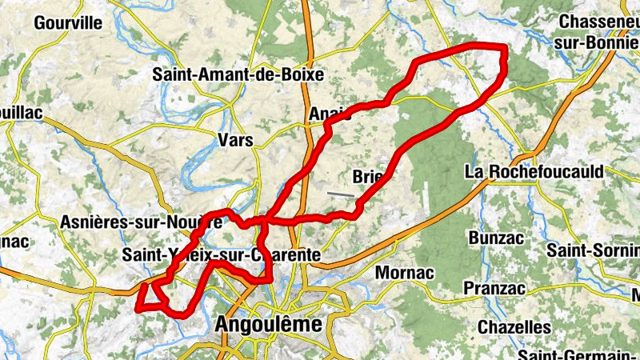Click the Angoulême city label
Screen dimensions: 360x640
tap(268, 325)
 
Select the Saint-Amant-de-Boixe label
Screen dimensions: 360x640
tap(238, 74)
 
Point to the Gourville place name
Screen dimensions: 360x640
tap(68, 22)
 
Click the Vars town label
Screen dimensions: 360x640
tap(235, 140)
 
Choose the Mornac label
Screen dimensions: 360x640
tap(404, 273)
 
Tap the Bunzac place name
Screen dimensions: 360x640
tap(495, 238)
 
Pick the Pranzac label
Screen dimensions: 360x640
tap(495, 287)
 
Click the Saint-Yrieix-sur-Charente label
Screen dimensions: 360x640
tap(222, 255)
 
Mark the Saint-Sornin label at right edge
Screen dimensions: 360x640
tap(593, 250)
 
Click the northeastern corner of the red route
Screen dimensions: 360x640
tap(504, 48)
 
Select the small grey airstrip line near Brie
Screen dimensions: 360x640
tap(340, 193)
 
